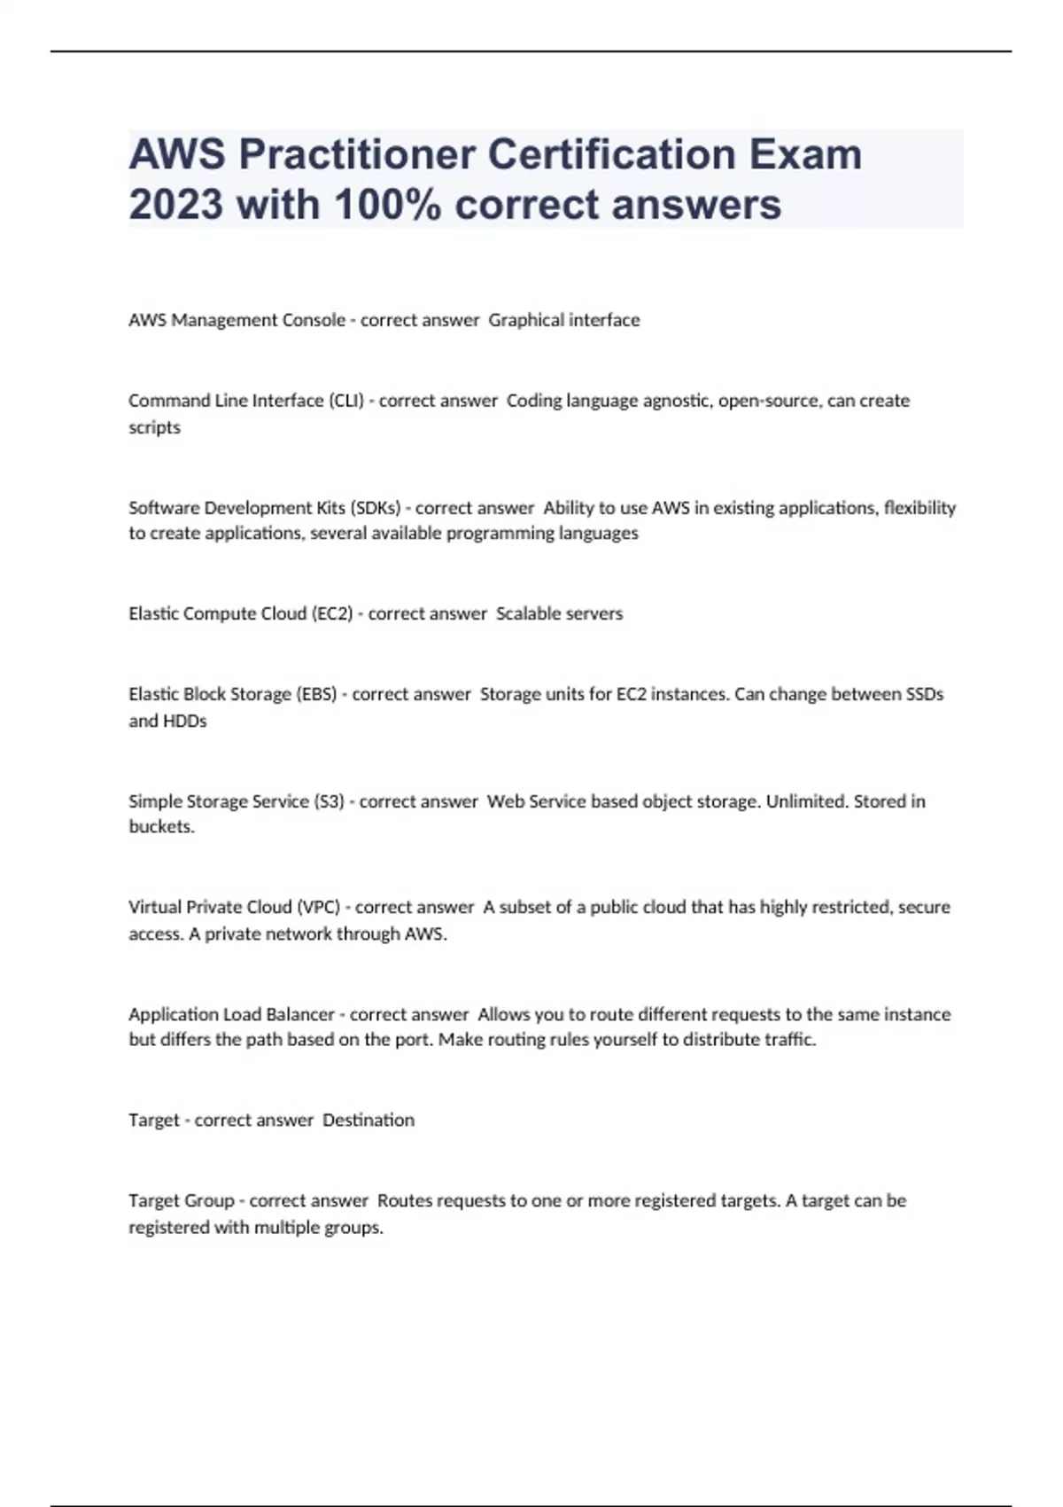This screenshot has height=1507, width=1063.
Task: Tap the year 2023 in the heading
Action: click(x=175, y=204)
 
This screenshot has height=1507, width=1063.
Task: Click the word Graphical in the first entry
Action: click(x=524, y=320)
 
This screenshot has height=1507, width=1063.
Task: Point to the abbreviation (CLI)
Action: click(x=346, y=401)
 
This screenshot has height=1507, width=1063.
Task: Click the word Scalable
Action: click(x=526, y=613)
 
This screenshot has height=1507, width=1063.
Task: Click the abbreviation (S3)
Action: click(x=329, y=801)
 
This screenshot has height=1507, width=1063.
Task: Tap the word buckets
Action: click(x=161, y=826)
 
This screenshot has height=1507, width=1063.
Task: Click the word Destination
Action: click(x=369, y=1120)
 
